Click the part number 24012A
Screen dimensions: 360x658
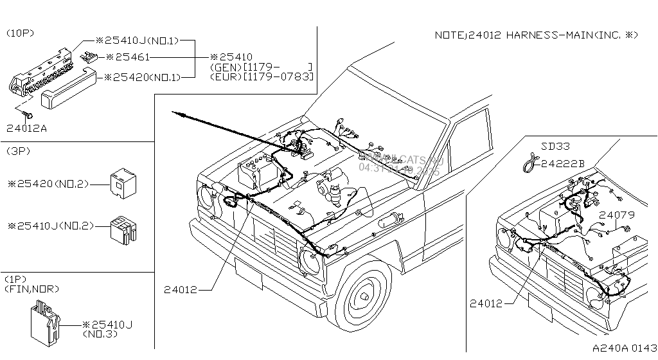point(26,129)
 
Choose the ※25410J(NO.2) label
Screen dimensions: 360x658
point(51,226)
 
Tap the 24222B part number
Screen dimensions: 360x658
point(562,164)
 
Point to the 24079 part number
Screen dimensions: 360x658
point(617,215)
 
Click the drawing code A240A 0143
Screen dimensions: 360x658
point(623,347)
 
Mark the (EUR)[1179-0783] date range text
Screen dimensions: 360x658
point(262,76)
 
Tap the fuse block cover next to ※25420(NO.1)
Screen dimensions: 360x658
point(68,89)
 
